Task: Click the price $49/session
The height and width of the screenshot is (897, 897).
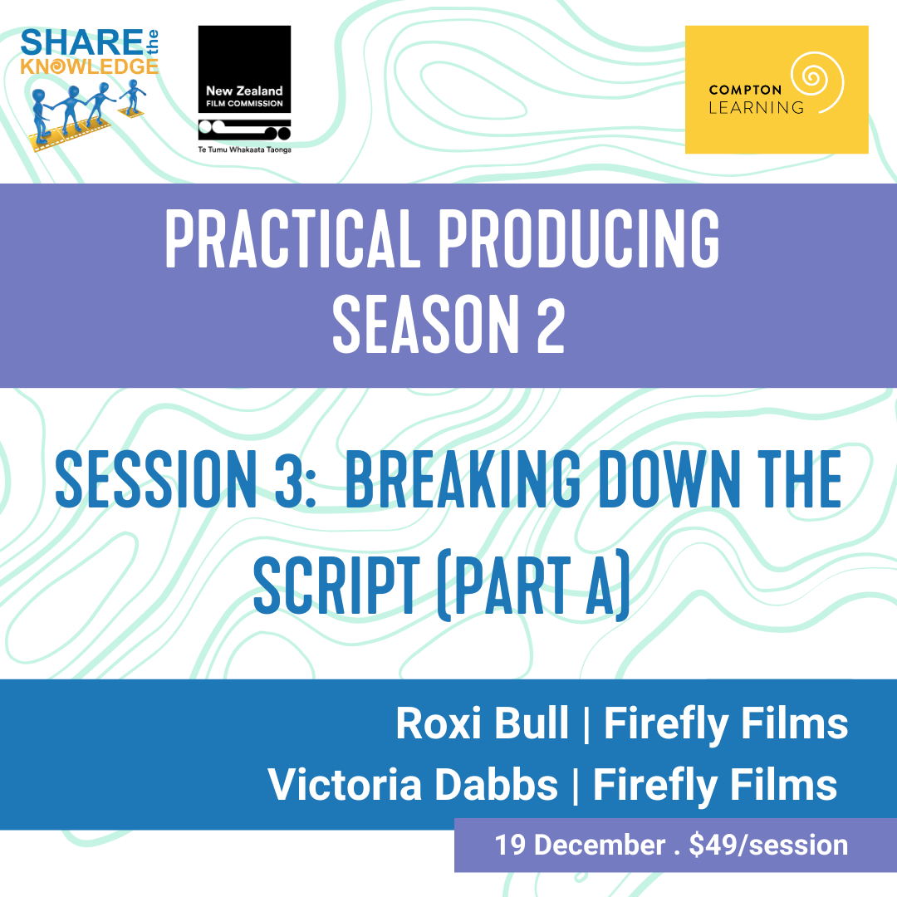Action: pos(768,846)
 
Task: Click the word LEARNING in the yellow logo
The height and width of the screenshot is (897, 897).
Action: pos(756,107)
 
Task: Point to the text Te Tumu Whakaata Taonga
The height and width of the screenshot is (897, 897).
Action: pos(244,149)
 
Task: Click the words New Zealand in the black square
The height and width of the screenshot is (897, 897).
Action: pos(244,91)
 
